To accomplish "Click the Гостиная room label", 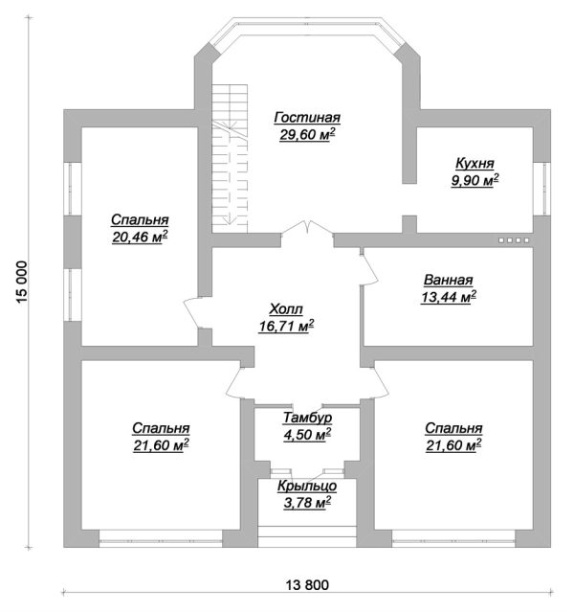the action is tap(307, 117).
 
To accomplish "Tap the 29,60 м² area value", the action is tap(307, 134).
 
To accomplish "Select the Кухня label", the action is tap(475, 163).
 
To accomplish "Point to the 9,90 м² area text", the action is tap(475, 180).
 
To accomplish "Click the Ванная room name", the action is tap(449, 280).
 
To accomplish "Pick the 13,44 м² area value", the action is tap(449, 297).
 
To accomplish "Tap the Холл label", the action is tap(286, 309).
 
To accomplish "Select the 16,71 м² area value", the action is tap(286, 326).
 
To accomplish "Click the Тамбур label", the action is tap(307, 418).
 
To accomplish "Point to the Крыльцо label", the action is tap(307, 487).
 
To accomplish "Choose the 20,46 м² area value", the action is tap(140, 237).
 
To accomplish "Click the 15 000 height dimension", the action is tap(22, 283).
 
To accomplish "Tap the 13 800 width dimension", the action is tap(307, 585).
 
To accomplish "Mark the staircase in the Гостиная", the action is tap(230, 159).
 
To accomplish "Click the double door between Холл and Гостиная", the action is tap(307, 229).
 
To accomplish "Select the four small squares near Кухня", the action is tap(514, 240).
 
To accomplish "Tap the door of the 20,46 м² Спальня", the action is tap(192, 313).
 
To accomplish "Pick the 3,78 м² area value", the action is tap(307, 503).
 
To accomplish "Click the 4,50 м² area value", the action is tap(307, 435).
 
